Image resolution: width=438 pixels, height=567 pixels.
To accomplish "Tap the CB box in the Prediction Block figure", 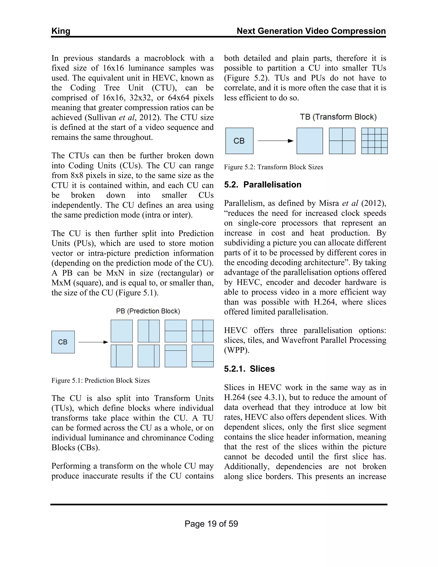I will tap(63, 342).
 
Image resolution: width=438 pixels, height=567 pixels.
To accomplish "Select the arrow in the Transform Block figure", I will tap(275, 141).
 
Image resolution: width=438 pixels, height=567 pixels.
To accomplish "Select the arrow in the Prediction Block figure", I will tap(93, 342).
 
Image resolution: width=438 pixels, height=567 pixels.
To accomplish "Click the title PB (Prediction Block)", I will tap(148, 311).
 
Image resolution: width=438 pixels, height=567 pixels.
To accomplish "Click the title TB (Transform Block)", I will tap(338, 117).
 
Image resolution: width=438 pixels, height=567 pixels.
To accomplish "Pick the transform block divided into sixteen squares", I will tap(374, 141).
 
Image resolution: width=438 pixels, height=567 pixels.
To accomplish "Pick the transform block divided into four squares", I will tap(342, 141).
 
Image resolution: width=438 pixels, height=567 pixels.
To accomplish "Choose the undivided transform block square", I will tap(309, 141).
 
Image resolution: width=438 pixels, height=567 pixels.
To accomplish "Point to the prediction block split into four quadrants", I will tap(202, 331).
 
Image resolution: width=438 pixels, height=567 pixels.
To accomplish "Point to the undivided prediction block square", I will tap(121, 331).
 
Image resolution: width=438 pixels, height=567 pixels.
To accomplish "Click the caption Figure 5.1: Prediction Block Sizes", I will tap(101, 380).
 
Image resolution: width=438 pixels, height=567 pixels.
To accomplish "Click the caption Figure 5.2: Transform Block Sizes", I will tap(273, 167).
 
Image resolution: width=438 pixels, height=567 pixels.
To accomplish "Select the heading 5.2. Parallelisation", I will tap(263, 185).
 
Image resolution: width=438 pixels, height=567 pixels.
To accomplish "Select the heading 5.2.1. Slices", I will tap(249, 369).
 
